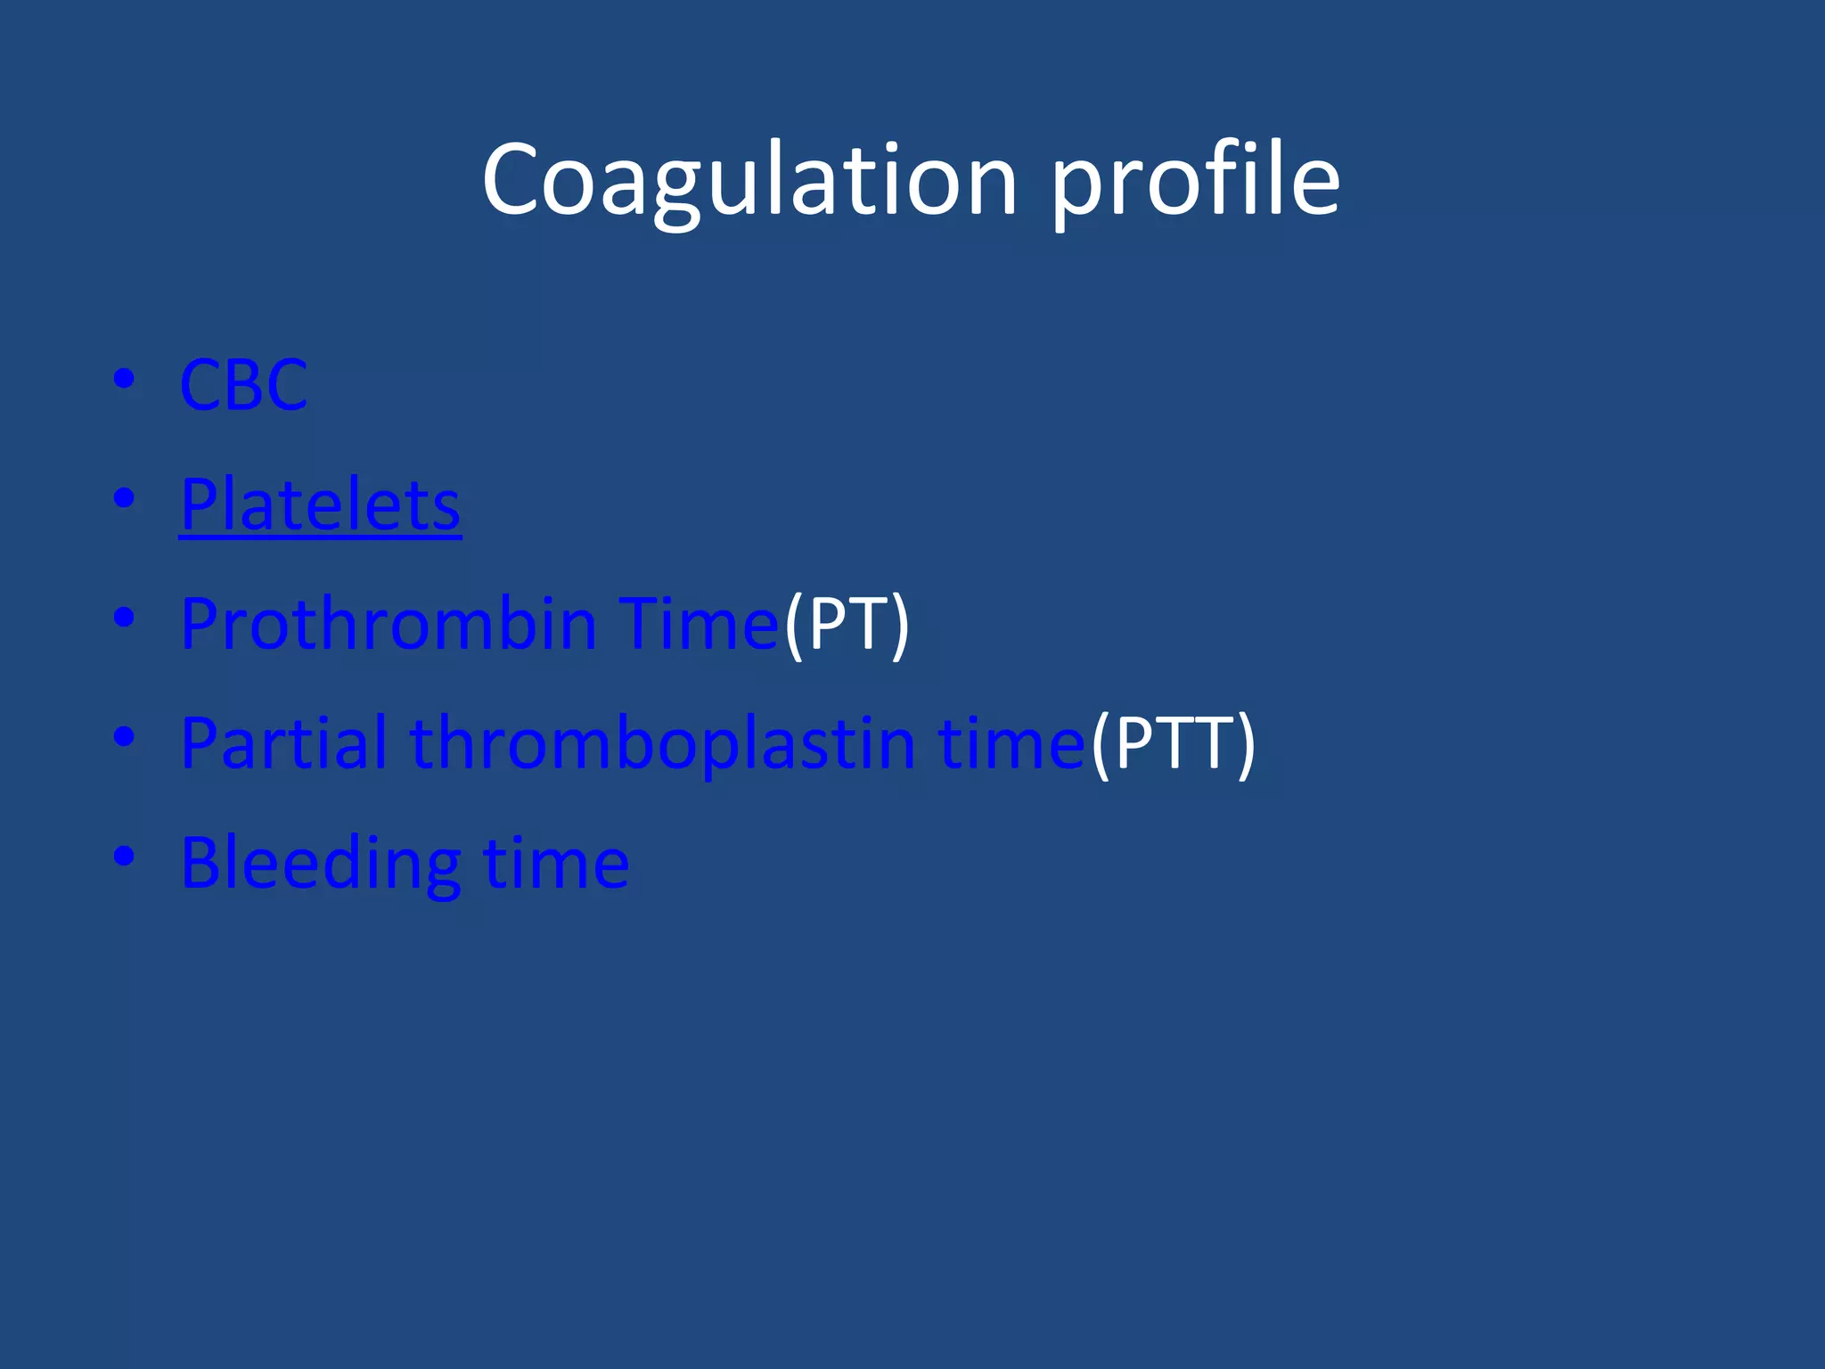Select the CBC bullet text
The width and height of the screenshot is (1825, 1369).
coord(243,385)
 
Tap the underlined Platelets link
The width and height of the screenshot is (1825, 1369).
coord(320,504)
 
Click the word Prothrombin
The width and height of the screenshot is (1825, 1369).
coord(388,624)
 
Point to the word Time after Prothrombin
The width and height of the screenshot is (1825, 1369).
coord(700,624)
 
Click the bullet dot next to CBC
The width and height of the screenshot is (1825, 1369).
coord(124,380)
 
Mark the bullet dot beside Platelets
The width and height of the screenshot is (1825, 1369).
coord(124,498)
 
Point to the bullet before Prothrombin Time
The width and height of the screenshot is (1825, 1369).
coord(124,617)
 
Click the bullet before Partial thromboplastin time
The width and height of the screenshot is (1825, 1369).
coord(124,736)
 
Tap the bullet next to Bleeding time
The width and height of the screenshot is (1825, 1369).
coord(124,856)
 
